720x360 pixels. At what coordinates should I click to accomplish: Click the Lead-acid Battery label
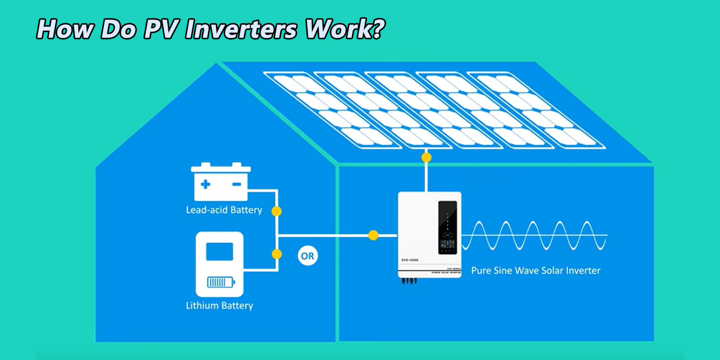click(x=224, y=210)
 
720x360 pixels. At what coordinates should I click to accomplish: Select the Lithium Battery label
click(x=219, y=305)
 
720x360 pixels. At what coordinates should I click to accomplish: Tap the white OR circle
click(x=307, y=256)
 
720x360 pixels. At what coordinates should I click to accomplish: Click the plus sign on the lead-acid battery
click(x=205, y=184)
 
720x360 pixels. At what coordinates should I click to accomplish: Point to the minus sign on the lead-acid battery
click(x=237, y=184)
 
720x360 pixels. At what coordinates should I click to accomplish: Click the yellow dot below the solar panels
click(x=426, y=157)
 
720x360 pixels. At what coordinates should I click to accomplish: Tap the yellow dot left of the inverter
click(x=373, y=236)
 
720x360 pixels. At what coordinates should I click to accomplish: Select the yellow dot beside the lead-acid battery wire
click(x=276, y=211)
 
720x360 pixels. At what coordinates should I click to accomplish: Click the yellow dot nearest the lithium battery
click(x=276, y=254)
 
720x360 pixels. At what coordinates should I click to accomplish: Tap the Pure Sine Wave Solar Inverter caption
click(x=536, y=271)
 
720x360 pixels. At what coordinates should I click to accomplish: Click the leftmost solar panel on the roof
click(x=332, y=110)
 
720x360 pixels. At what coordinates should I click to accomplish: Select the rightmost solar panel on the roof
click(x=535, y=110)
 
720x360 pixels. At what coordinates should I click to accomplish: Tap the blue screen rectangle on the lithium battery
click(x=219, y=251)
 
